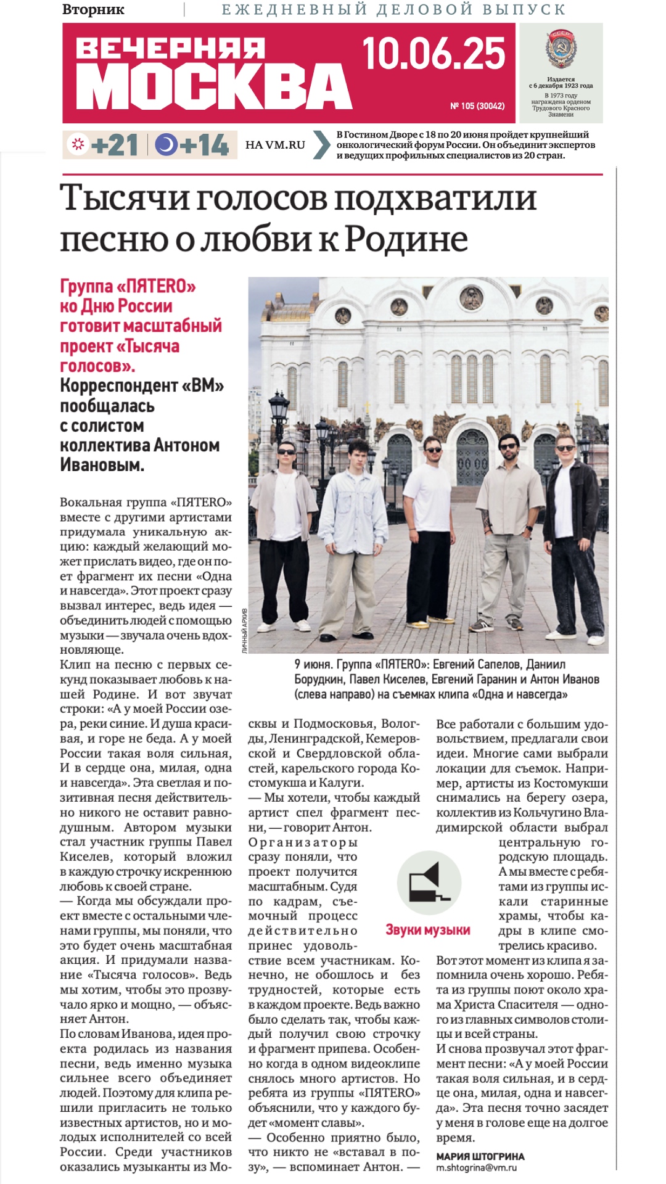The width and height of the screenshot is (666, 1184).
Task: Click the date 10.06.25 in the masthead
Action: pos(434,54)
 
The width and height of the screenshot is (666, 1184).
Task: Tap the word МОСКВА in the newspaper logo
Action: pos(213,87)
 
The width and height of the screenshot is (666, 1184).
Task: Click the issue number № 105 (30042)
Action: pos(477,106)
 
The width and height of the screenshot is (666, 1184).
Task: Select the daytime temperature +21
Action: pos(114,146)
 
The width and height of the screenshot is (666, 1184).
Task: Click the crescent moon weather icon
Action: pos(165,145)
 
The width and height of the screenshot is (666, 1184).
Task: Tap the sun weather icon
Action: pos(78,145)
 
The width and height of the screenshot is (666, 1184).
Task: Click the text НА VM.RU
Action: pos(275,145)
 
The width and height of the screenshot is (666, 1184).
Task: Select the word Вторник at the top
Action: pos(93,10)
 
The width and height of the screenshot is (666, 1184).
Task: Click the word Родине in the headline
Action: pos(406,239)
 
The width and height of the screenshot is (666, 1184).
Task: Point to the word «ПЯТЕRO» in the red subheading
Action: pos(156,286)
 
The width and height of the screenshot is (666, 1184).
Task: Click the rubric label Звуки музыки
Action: pos(428,930)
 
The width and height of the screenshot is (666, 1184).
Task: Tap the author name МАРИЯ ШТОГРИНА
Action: pos(480,1156)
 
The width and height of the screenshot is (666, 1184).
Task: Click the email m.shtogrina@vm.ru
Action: pos(476,1167)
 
